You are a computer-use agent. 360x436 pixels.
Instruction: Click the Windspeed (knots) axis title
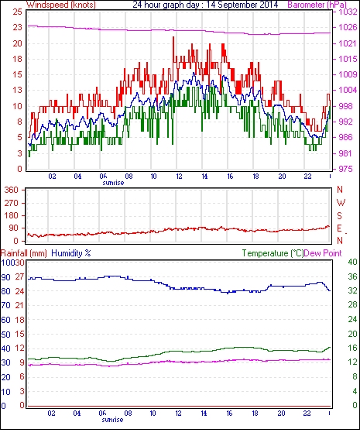click(x=61, y=5)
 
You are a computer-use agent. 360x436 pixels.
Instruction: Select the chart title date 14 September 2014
click(x=242, y=5)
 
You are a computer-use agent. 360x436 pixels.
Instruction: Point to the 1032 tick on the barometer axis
click(x=348, y=12)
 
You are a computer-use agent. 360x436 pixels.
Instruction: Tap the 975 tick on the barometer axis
click(x=345, y=169)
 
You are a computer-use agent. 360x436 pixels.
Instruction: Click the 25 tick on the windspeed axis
click(x=17, y=12)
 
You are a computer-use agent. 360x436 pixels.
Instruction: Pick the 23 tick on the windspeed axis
click(x=17, y=27)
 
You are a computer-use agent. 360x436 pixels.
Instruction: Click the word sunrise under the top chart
click(x=113, y=183)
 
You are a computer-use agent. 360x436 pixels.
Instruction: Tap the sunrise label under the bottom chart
click(x=112, y=419)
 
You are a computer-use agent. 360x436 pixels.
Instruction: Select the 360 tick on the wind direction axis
click(x=11, y=191)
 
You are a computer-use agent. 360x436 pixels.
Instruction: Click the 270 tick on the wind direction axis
click(x=11, y=203)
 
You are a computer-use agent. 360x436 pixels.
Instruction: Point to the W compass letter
click(x=341, y=203)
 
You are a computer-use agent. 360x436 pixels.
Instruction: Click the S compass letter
click(x=339, y=215)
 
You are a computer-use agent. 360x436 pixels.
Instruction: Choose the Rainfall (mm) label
click(x=24, y=253)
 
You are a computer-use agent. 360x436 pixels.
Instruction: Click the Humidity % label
click(x=71, y=253)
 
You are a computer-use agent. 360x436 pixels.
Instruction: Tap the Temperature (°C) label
click(x=273, y=253)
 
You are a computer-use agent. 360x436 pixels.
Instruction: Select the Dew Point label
click(x=323, y=253)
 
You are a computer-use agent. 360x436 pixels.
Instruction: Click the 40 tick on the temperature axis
click(x=352, y=262)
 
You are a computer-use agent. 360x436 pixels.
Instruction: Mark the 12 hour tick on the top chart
click(x=179, y=177)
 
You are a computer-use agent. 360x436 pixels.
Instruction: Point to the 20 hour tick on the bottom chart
click(x=281, y=414)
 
